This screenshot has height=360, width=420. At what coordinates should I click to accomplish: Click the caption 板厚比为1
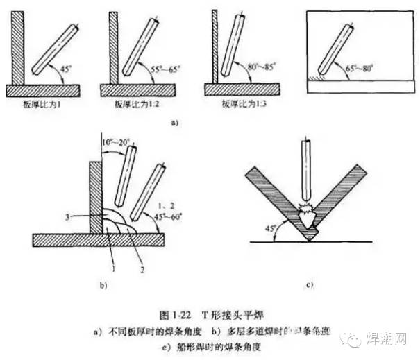(42, 103)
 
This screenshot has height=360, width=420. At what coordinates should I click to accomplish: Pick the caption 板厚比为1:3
(240, 103)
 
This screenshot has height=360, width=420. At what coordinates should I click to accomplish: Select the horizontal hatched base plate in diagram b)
(97, 239)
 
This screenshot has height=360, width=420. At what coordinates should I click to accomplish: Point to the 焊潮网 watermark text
(393, 338)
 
